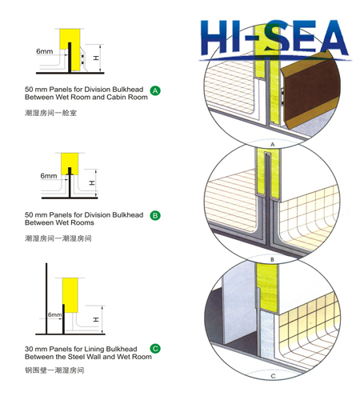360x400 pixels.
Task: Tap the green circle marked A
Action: (x=155, y=91)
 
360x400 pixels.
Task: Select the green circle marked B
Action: (x=155, y=216)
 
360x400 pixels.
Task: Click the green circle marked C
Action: (x=155, y=349)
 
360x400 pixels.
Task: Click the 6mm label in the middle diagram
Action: (x=49, y=175)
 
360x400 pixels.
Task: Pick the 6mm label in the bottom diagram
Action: (x=54, y=315)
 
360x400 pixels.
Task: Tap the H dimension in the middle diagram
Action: (x=93, y=182)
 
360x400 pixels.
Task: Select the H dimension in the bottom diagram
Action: (x=97, y=319)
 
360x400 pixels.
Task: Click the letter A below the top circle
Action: (x=272, y=143)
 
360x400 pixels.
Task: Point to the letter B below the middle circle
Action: (x=272, y=259)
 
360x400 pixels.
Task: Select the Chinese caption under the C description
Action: (x=54, y=370)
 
